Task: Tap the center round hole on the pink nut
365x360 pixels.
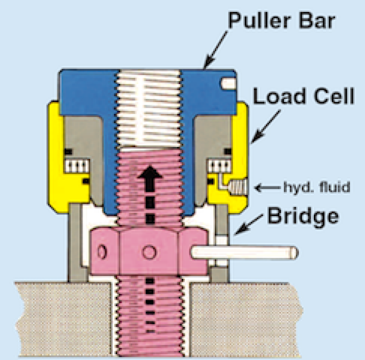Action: coord(150,252)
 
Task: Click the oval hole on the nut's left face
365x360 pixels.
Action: coord(103,252)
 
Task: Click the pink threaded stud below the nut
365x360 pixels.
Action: coord(150,315)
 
